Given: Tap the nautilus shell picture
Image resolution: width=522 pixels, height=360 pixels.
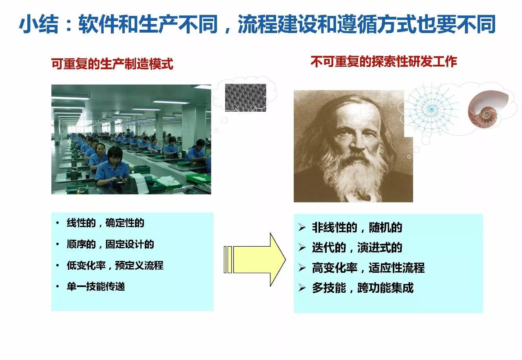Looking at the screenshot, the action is tap(488, 109).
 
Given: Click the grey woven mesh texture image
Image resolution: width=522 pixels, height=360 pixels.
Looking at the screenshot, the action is tap(246, 97).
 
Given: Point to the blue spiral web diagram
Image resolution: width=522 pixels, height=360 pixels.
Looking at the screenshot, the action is tap(431, 109).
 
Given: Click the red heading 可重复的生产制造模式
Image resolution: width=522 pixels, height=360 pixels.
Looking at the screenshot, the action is tap(112, 64).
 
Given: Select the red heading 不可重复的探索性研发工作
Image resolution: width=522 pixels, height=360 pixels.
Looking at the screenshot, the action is tap(384, 62).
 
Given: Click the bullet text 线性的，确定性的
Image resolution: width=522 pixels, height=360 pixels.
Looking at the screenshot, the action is tap(105, 223).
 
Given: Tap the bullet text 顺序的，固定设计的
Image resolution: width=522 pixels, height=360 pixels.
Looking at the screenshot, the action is tap(110, 244).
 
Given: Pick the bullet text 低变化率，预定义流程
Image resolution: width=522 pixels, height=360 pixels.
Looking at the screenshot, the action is tap(115, 265).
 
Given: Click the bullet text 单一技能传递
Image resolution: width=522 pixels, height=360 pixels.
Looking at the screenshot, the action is tap(96, 286).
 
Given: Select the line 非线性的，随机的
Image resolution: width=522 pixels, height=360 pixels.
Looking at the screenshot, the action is tap(357, 227).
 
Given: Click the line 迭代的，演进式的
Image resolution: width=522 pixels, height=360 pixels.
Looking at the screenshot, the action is tap(357, 247).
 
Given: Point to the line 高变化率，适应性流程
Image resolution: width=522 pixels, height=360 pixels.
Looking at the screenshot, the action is tap(368, 267).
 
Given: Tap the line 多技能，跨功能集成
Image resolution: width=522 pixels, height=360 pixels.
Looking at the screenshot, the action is tap(363, 288).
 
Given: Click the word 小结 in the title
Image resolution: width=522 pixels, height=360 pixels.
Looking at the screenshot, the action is tap(39, 24).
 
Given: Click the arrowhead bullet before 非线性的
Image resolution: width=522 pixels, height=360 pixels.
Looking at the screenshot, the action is tap(302, 227).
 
